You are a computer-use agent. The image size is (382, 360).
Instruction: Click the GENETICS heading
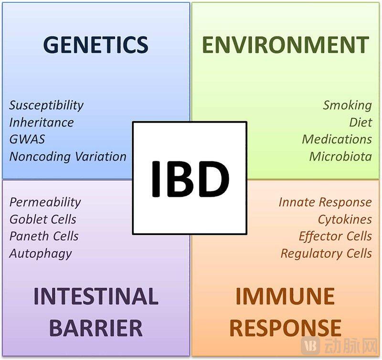tap(96, 44)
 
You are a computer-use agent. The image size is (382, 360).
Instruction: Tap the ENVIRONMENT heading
tap(286, 44)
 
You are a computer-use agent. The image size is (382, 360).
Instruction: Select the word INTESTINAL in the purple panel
tap(96, 296)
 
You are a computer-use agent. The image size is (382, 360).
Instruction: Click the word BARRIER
tap(96, 328)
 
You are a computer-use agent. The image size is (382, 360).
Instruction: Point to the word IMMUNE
tap(285, 296)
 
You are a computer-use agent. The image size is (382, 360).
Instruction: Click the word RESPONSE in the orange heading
tap(285, 328)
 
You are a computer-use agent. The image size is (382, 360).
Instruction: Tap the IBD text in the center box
tap(190, 179)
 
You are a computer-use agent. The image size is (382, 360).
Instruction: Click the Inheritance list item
tap(42, 122)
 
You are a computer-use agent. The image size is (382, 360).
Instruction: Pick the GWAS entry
tap(27, 139)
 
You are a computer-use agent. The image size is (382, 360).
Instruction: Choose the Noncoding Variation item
tap(68, 157)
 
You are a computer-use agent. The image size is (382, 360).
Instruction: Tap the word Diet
tap(361, 122)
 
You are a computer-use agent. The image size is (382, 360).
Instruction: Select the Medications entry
tap(337, 139)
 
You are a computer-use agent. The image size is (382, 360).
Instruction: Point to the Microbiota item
tap(340, 157)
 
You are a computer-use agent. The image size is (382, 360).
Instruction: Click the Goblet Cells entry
tap(43, 219)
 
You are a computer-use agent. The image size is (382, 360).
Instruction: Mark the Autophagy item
tap(41, 254)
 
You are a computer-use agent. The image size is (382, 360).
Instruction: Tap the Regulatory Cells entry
tap(326, 254)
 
